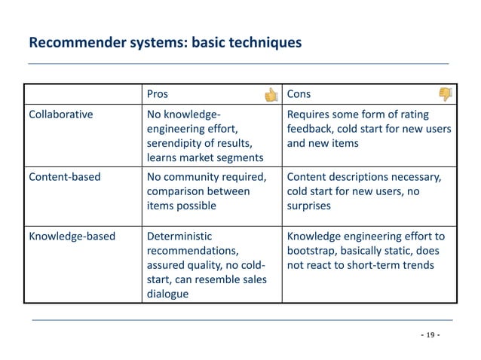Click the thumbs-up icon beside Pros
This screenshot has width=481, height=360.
click(271, 95)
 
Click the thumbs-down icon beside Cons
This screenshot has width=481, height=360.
click(446, 95)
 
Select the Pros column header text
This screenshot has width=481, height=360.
click(157, 95)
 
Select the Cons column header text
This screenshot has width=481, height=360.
click(299, 95)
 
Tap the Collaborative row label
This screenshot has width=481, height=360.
click(61, 114)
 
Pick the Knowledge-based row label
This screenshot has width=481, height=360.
click(72, 236)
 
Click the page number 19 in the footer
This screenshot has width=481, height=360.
click(430, 334)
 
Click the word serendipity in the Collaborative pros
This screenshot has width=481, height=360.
click(176, 142)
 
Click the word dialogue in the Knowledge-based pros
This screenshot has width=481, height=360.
click(167, 293)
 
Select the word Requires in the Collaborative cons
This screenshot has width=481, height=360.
click(309, 114)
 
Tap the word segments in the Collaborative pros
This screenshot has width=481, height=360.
click(239, 157)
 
